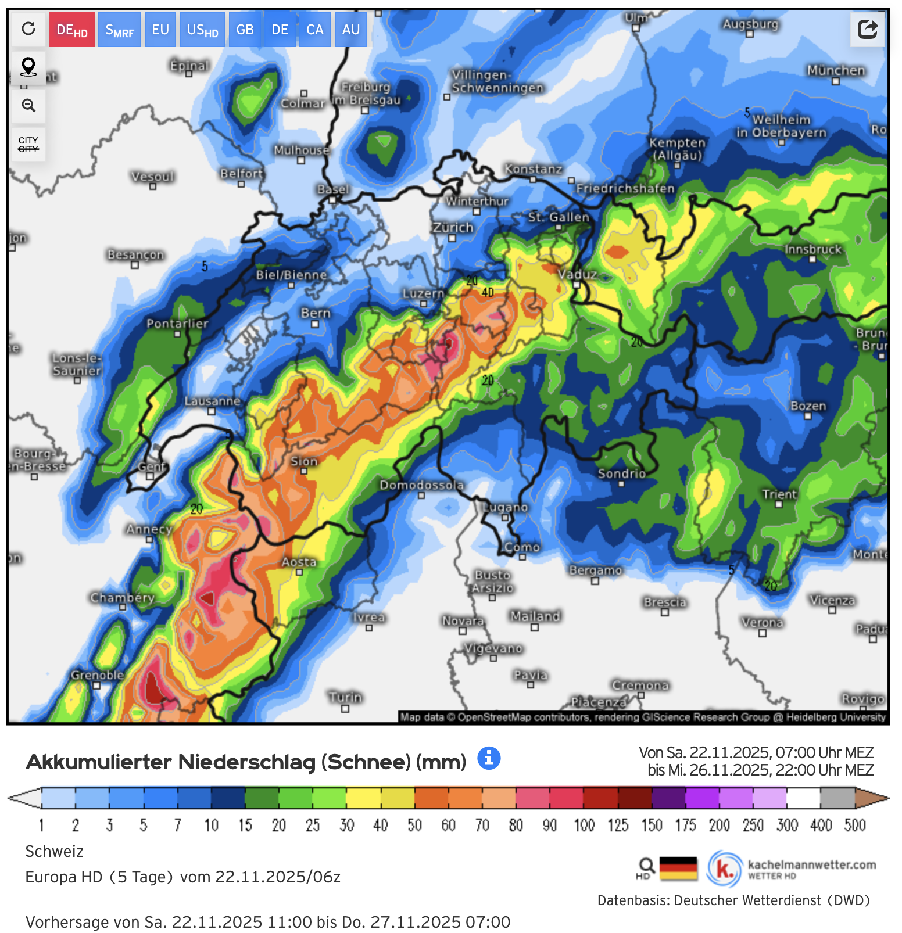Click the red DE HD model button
[71, 30]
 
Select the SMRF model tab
[119, 30]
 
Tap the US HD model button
[202, 30]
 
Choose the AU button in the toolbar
[350, 30]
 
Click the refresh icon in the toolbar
[28, 28]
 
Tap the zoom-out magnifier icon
[28, 105]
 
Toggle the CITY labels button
[28, 144]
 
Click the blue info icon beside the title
[488, 758]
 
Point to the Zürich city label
[453, 227]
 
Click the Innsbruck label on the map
[812, 249]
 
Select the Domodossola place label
[421, 485]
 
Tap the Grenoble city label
[97, 675]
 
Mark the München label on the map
[836, 70]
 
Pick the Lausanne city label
[212, 401]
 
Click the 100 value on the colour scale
[584, 825]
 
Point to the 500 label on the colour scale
[854, 825]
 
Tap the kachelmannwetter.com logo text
[811, 864]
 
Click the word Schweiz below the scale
[55, 852]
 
